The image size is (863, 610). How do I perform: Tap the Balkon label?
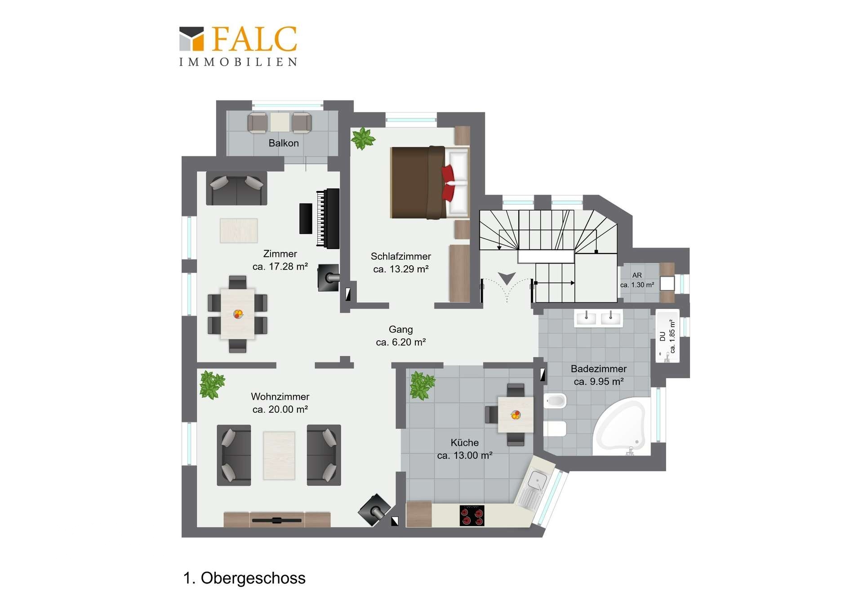tap(284, 143)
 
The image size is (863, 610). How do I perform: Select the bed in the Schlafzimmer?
tap(430, 183)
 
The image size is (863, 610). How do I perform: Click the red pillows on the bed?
tap(448, 183)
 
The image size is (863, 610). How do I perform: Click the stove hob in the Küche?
tap(472, 515)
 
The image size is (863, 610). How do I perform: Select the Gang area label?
tap(401, 336)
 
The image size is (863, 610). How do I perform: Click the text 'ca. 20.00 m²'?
tap(280, 410)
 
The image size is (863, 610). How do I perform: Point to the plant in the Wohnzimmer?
tap(212, 385)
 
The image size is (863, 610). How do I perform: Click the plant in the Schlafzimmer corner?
tap(363, 138)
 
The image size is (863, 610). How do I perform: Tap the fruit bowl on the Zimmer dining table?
tap(238, 314)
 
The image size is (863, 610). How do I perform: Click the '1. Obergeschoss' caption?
tap(244, 578)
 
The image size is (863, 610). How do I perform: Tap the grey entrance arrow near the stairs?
tap(507, 279)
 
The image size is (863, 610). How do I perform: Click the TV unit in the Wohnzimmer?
tap(277, 520)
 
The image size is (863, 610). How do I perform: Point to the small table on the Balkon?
tap(280, 122)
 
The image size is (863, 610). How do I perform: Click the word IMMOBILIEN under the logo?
tap(238, 62)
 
